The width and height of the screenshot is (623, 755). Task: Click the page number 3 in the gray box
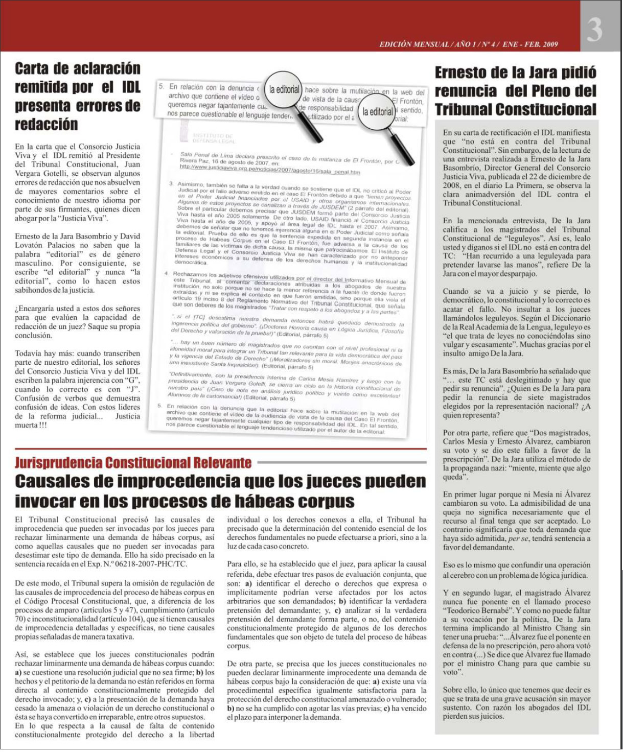(x=594, y=30)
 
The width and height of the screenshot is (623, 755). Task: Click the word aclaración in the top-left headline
(x=107, y=68)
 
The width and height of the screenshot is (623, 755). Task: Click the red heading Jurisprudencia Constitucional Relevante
(x=133, y=463)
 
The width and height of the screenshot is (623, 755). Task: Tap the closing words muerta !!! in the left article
(x=31, y=425)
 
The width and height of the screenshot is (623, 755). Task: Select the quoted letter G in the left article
(x=131, y=381)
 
